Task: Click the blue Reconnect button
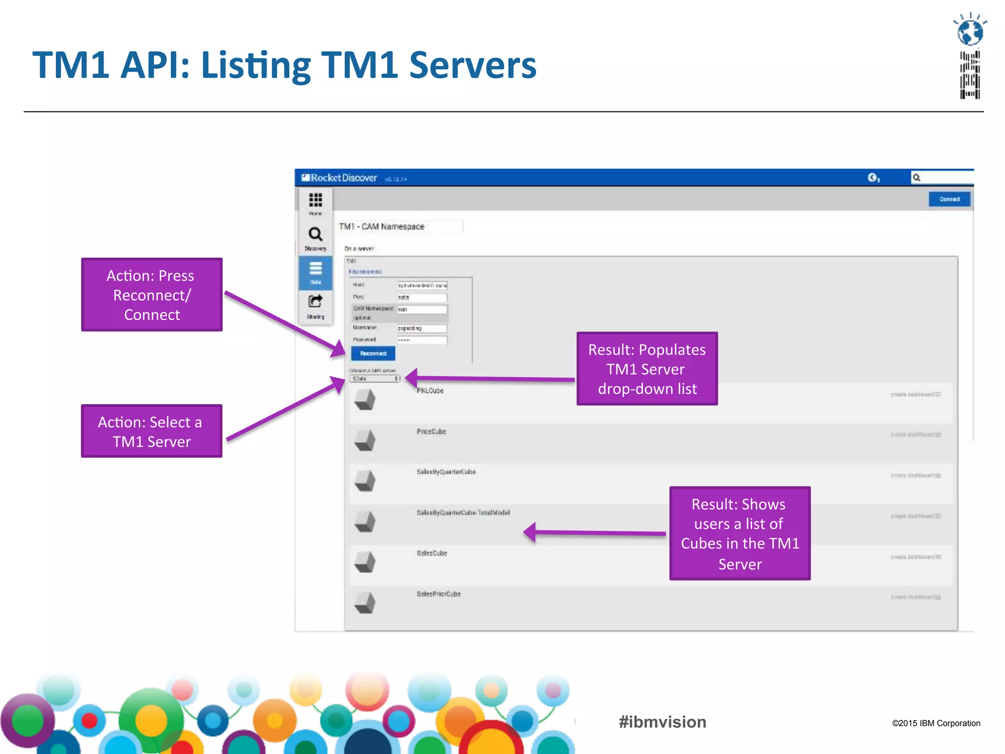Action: tap(373, 353)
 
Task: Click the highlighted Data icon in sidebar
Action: tap(316, 271)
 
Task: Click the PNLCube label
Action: tap(430, 391)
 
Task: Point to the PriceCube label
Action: tap(431, 431)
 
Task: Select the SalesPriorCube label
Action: tap(439, 594)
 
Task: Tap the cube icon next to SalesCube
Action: tap(365, 562)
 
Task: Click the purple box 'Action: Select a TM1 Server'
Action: tap(152, 431)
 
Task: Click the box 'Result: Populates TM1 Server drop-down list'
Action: tap(647, 369)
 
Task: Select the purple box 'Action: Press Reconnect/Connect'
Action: tap(152, 295)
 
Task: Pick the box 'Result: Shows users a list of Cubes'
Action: tap(740, 533)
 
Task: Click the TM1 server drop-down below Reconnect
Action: tap(375, 379)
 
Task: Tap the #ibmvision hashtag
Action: tap(662, 722)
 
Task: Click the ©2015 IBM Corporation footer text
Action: tap(936, 723)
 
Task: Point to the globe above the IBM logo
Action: tap(970, 31)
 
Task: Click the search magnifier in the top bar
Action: tap(916, 178)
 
